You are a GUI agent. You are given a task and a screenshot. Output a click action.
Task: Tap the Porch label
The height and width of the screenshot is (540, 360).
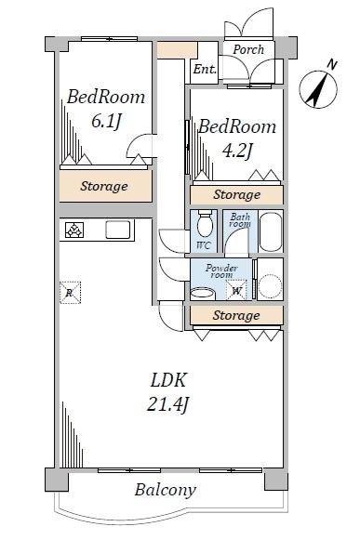coord(248,49)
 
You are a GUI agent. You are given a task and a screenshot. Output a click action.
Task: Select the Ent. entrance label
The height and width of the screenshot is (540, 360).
coord(205,69)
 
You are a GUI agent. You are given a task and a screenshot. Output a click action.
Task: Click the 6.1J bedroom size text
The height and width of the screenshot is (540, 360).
coord(107,121)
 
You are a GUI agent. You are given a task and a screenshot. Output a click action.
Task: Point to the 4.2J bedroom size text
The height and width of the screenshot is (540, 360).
coord(238,151)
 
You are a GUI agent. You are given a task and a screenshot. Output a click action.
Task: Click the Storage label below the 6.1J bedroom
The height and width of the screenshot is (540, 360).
coord(104,186)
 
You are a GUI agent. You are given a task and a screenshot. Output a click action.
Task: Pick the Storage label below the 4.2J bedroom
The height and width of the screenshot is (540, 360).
coord(237,194)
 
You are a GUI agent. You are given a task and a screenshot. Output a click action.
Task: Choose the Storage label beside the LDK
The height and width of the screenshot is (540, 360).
coord(236,315)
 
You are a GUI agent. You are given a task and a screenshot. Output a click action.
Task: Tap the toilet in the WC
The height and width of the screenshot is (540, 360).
coord(205,223)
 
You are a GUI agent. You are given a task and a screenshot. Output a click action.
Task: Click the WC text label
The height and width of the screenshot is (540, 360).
coord(204,245)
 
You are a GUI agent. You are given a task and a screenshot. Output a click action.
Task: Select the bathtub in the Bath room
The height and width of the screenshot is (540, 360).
coord(271,231)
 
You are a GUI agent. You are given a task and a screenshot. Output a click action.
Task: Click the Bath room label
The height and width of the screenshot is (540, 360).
coord(240,220)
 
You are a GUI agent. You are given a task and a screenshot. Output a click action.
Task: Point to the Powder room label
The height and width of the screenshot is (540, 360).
coord(221,271)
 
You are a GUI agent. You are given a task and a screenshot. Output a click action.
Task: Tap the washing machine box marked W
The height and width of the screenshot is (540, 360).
coord(236,290)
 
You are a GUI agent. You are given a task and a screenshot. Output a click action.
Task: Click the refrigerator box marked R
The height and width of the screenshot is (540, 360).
coord(70,293)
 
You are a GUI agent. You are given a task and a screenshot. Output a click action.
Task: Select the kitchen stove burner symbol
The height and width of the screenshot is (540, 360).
coord(74,230)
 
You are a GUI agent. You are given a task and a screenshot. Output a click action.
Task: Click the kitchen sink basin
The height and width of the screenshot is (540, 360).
coord(118,230)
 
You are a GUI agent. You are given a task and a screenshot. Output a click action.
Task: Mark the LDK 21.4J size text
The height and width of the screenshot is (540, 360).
coord(168,392)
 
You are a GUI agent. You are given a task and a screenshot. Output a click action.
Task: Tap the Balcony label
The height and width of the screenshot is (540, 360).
coord(166,490)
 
